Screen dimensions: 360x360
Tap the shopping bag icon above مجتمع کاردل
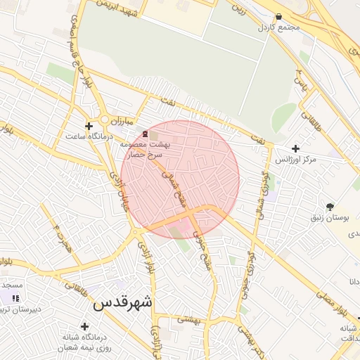279,15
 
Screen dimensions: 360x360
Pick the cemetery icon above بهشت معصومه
145,133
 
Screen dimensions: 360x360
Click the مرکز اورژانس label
295,160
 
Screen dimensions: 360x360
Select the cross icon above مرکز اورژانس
295,149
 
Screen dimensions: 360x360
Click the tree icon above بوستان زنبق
330,207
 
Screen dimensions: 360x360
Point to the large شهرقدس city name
122,303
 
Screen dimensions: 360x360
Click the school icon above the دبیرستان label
15,298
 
